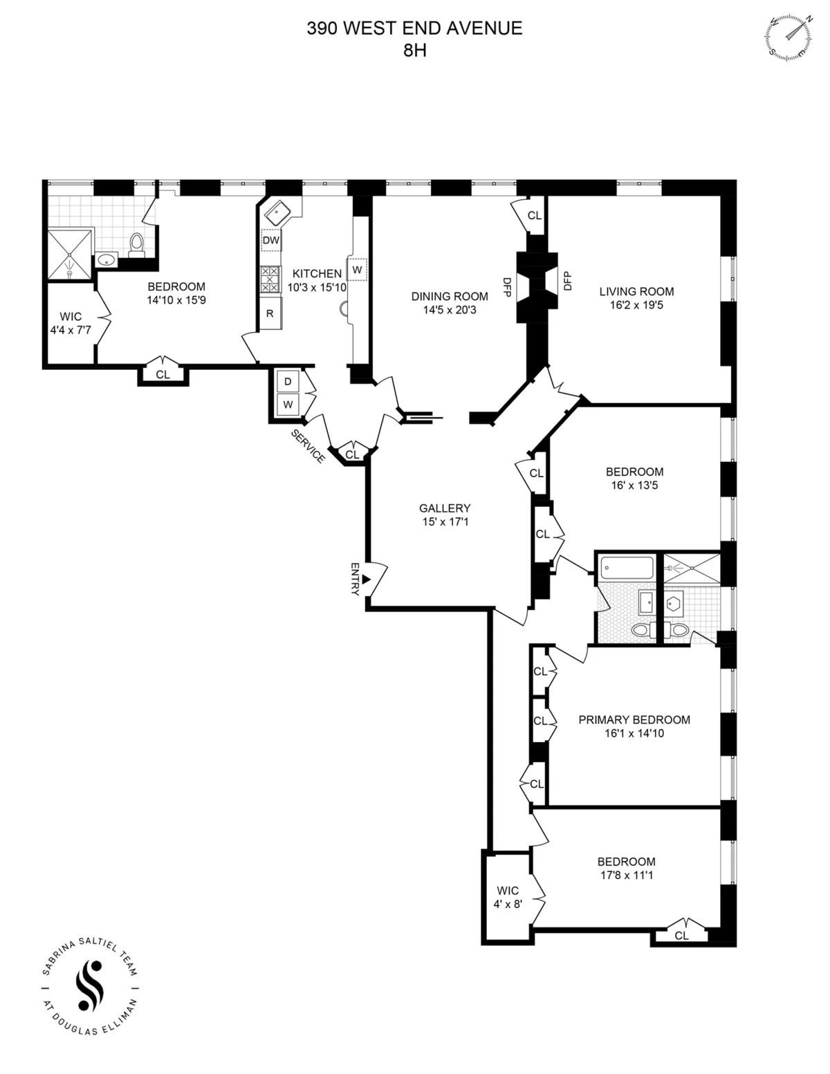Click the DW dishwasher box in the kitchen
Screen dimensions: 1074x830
271,241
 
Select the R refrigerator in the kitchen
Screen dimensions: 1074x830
270,313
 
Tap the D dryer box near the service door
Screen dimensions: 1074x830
288,382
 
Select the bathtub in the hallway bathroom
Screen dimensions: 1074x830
627,569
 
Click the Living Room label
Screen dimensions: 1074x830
636,291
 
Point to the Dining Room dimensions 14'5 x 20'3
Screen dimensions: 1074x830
450,311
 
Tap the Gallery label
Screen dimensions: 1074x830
445,508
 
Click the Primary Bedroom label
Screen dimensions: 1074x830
634,719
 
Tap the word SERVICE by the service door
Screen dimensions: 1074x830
308,446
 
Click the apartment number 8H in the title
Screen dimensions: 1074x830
414,50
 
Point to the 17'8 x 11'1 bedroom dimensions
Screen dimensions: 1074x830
627,876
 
